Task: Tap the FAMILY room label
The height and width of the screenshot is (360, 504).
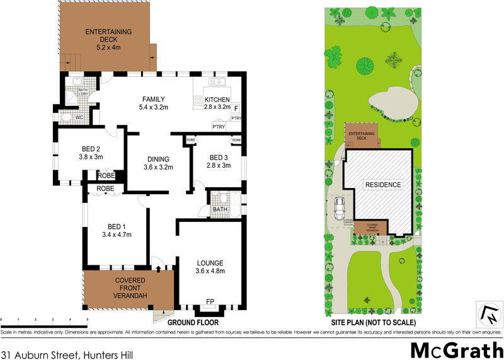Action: (153, 99)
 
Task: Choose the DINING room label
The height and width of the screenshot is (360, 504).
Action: (158, 159)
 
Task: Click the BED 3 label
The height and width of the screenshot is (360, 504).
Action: (219, 157)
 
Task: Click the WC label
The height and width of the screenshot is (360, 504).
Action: (80, 117)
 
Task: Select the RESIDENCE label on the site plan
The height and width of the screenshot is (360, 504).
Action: (383, 185)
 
